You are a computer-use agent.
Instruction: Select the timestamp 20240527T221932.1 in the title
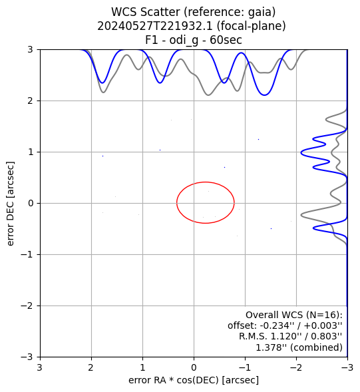pos(155,26)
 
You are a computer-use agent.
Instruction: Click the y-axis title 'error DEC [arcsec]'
pos(10,204)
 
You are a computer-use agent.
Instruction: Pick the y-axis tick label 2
pos(30,101)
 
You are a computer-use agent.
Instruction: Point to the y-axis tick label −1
pos(27,255)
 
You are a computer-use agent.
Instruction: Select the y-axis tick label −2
pos(27,306)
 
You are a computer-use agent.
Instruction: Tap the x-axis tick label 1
pos(142,367)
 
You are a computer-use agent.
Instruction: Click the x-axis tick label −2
pos(296,367)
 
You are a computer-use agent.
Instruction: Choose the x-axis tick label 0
pos(194,367)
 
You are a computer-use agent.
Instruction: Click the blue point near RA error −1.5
pos(271,229)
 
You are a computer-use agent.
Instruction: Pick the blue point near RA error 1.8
pos(102,156)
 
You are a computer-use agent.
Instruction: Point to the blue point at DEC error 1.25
pos(258,140)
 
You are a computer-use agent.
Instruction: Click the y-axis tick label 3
pos(30,50)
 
